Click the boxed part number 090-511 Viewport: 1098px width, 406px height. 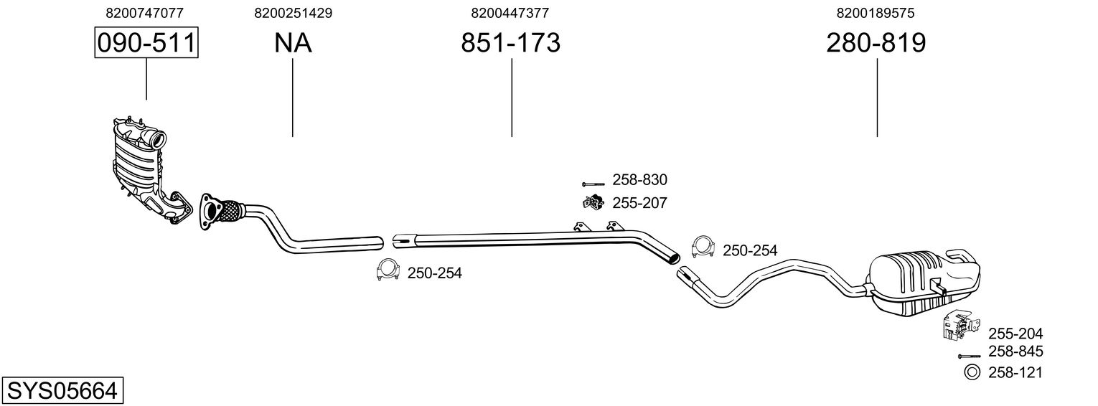tap(146, 43)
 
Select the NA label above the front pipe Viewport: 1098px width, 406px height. tap(293, 43)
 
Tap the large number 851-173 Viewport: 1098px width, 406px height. tap(510, 43)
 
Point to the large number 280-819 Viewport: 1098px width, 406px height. tap(876, 43)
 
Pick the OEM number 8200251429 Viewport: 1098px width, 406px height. tap(293, 13)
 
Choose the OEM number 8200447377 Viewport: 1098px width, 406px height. tap(510, 13)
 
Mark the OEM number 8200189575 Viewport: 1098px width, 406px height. tap(876, 13)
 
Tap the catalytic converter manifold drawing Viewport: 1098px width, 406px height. tap(144, 165)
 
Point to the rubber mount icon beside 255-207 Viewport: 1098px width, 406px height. tap(593, 203)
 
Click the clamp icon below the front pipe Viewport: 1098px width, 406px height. tap(388, 270)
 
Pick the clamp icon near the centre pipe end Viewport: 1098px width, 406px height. tap(703, 247)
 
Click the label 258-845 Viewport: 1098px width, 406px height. tap(1015, 351)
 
